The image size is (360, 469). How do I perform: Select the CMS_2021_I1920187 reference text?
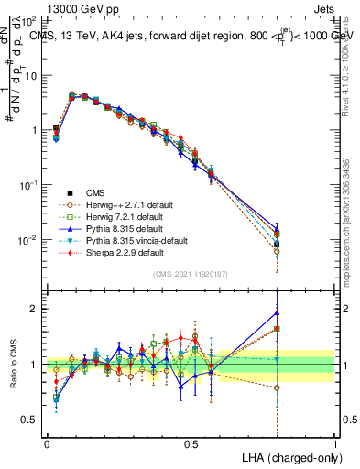pyautogui.click(x=190, y=275)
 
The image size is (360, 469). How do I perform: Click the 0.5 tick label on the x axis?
pyautogui.click(x=191, y=442)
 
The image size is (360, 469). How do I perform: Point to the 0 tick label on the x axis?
pyautogui.click(x=47, y=442)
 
